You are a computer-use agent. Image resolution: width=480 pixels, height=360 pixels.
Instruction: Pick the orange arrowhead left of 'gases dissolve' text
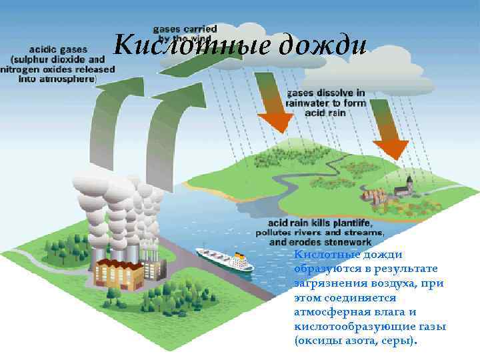[x=275, y=121]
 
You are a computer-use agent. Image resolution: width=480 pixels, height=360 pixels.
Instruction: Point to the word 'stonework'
[x=357, y=242]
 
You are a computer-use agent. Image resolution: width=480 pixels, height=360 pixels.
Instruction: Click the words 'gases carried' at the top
[x=185, y=29]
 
